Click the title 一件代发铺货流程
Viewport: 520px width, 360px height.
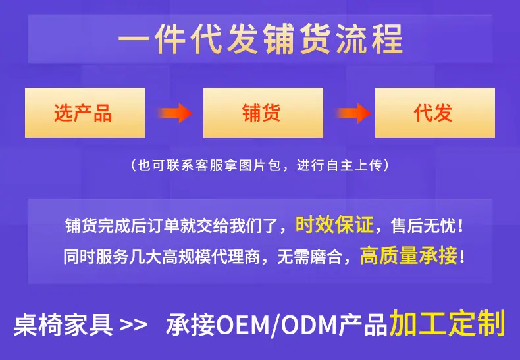(261, 39)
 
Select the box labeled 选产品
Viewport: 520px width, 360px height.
(85, 113)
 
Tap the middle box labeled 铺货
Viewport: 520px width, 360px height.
(263, 113)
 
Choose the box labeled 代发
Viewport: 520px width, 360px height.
(435, 113)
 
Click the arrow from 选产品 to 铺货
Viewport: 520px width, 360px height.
(175, 113)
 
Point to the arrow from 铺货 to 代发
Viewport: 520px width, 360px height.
(353, 113)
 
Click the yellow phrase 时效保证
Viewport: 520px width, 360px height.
(334, 225)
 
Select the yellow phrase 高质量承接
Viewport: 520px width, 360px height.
(409, 255)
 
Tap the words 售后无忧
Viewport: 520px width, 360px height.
(423, 226)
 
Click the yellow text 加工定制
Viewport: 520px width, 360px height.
(447, 323)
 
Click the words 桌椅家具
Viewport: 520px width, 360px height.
(63, 324)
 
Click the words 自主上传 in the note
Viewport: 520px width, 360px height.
(355, 165)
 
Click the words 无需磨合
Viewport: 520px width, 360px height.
(309, 256)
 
